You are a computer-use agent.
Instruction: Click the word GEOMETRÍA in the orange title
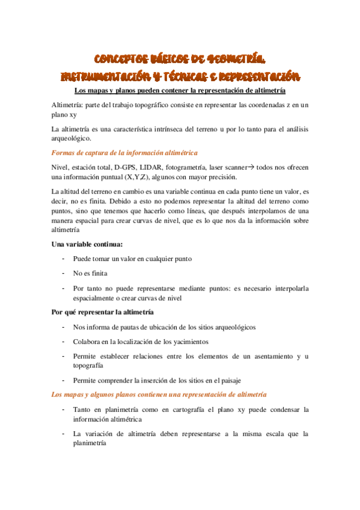pos(234,59)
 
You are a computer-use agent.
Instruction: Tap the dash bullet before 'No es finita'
pos(63,273)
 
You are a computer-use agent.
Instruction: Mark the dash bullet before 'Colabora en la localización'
pos(63,342)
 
